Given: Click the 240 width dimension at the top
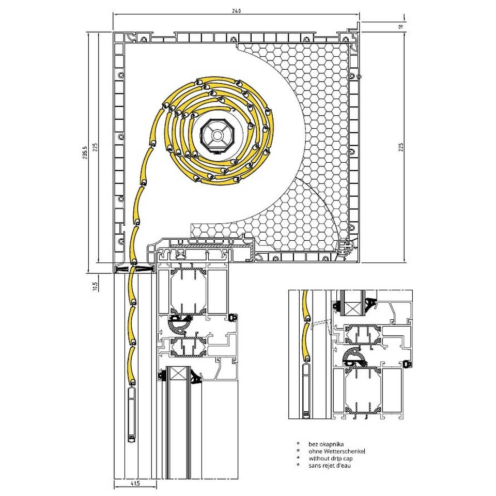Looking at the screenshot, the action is tap(236, 11).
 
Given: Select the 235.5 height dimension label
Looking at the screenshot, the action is tap(85, 152).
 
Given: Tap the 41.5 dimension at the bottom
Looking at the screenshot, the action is tap(135, 483).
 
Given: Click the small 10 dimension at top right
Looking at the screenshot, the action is tap(401, 27).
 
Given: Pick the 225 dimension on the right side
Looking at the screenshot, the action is tap(401, 147).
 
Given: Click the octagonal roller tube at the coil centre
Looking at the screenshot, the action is tap(217, 136).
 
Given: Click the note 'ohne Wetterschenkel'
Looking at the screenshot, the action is tap(336, 451).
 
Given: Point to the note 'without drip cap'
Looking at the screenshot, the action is tap(331, 458).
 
